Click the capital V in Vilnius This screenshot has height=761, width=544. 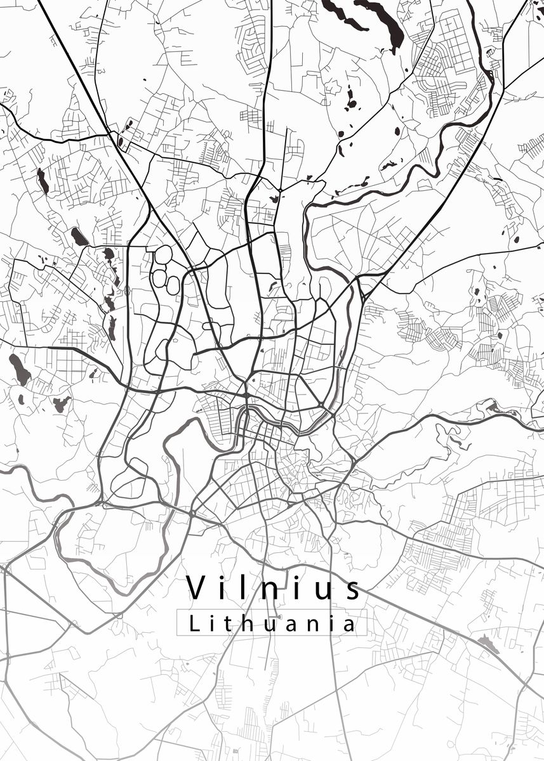199,587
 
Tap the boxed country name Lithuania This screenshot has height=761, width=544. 272,623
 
